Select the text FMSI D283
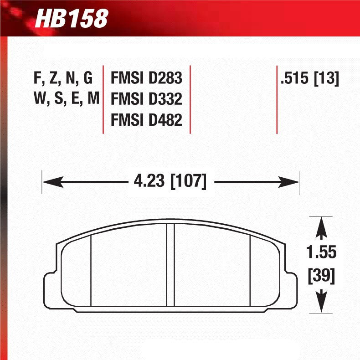[x=146, y=79]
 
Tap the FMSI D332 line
[x=146, y=99]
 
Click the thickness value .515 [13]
[x=310, y=79]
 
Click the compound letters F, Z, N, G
[x=63, y=79]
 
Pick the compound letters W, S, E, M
[x=66, y=99]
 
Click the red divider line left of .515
[x=277, y=99]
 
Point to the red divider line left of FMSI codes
[x=104, y=99]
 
